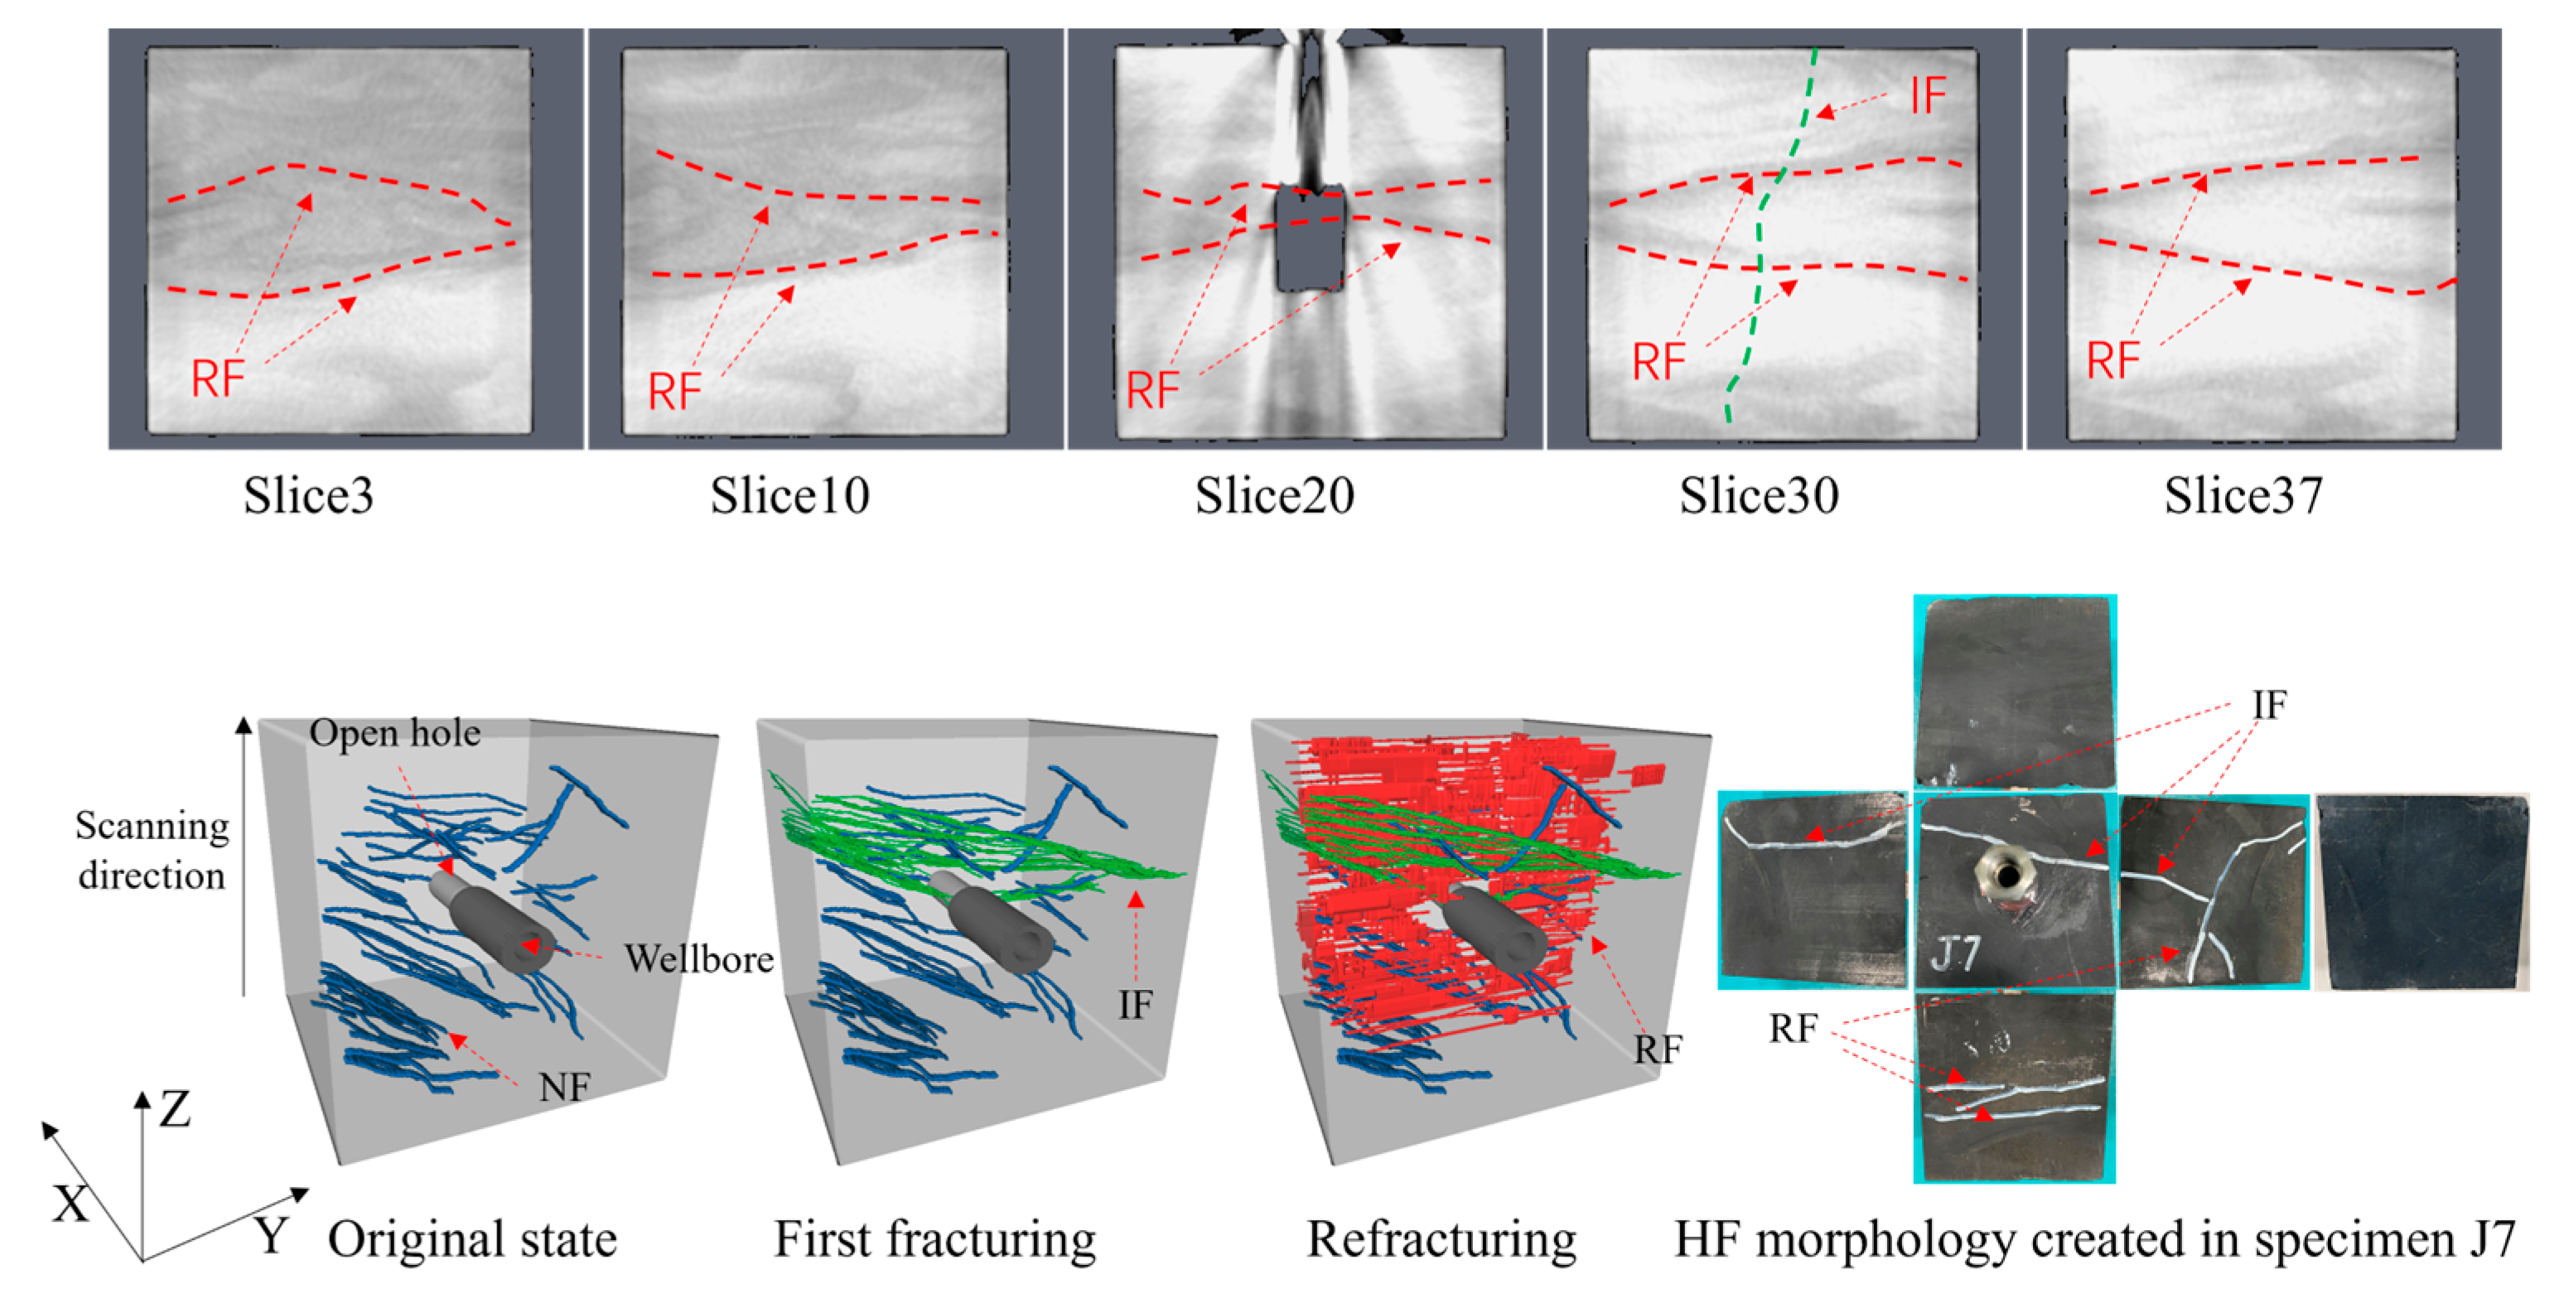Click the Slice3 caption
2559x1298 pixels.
(x=308, y=495)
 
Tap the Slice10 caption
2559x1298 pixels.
(x=789, y=495)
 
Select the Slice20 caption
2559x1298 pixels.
(x=1275, y=495)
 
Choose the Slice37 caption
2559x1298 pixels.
(x=2243, y=495)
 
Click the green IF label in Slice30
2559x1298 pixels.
(x=1927, y=96)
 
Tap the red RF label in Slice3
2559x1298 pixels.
(x=218, y=379)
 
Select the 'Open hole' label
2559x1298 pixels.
(x=394, y=733)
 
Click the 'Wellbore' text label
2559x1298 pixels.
(x=698, y=959)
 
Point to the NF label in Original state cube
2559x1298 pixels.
(x=564, y=1088)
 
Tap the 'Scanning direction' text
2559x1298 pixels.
(x=152, y=850)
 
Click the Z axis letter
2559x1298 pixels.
(x=175, y=1109)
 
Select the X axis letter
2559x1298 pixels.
(x=70, y=1204)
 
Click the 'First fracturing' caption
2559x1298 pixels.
(x=934, y=1239)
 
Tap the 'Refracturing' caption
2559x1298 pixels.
(x=1441, y=1239)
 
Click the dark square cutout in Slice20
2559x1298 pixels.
(x=1311, y=239)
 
